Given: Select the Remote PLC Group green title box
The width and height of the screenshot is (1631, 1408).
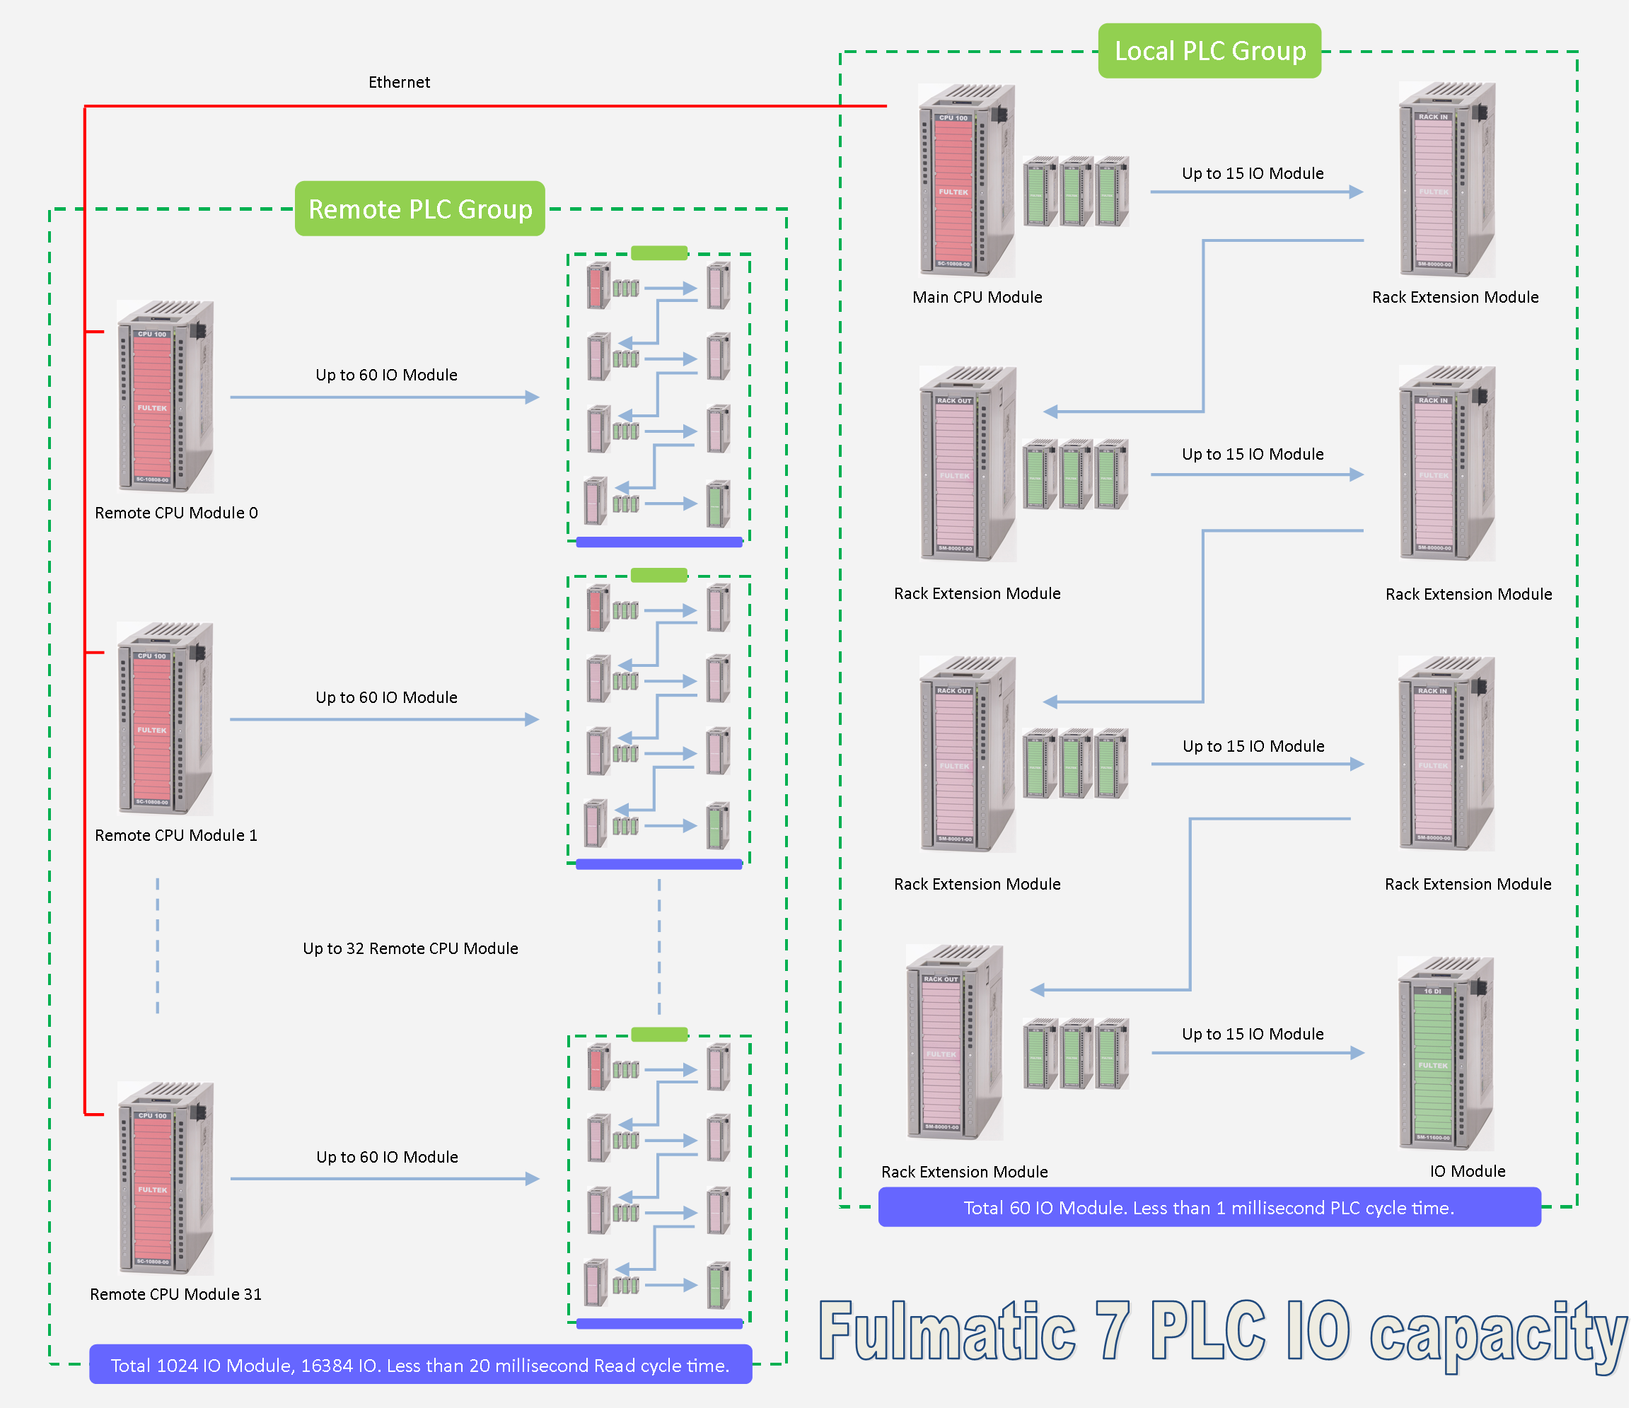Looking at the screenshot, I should coord(419,209).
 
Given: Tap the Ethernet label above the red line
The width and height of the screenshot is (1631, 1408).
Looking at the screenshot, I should coord(399,83).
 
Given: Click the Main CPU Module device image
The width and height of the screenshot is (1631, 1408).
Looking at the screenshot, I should coord(967,181).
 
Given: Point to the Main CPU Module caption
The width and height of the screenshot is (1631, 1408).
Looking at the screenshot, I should coord(977,298).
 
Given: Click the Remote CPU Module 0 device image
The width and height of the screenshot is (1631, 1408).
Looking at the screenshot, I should coord(166,397).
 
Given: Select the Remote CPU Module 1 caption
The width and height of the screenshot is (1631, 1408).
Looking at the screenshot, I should coord(175,835).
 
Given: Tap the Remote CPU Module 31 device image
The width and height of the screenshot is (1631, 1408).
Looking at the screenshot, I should coord(166,1178).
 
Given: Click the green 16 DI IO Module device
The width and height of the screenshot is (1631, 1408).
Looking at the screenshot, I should coord(1446,1054).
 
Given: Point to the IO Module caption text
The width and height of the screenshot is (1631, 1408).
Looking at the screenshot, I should coord(1468,1171).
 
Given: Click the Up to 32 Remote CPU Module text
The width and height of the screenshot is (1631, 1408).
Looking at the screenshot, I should coord(410,948).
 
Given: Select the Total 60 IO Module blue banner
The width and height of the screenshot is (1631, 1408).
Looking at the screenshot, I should coord(1209,1207).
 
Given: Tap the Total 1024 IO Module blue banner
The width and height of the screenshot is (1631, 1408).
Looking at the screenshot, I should coord(420,1365).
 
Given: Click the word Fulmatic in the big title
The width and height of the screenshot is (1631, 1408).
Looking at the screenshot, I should coord(947,1332).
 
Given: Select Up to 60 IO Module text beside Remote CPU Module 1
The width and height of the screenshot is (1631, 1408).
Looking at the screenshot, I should coord(385,697).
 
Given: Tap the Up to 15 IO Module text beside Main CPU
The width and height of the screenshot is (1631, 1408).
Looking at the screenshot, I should coord(1253,173).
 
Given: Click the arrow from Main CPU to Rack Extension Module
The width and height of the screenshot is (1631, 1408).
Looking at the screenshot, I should coord(1256,192).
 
